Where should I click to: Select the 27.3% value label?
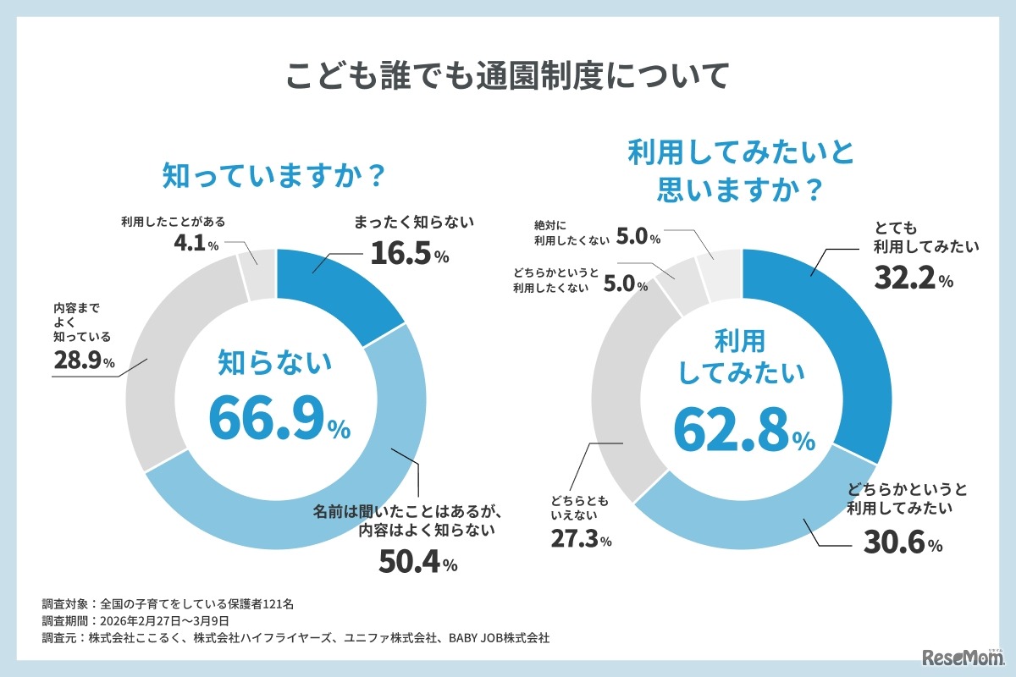click(x=575, y=539)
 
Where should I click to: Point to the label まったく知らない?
click(x=414, y=223)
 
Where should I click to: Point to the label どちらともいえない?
click(x=577, y=505)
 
